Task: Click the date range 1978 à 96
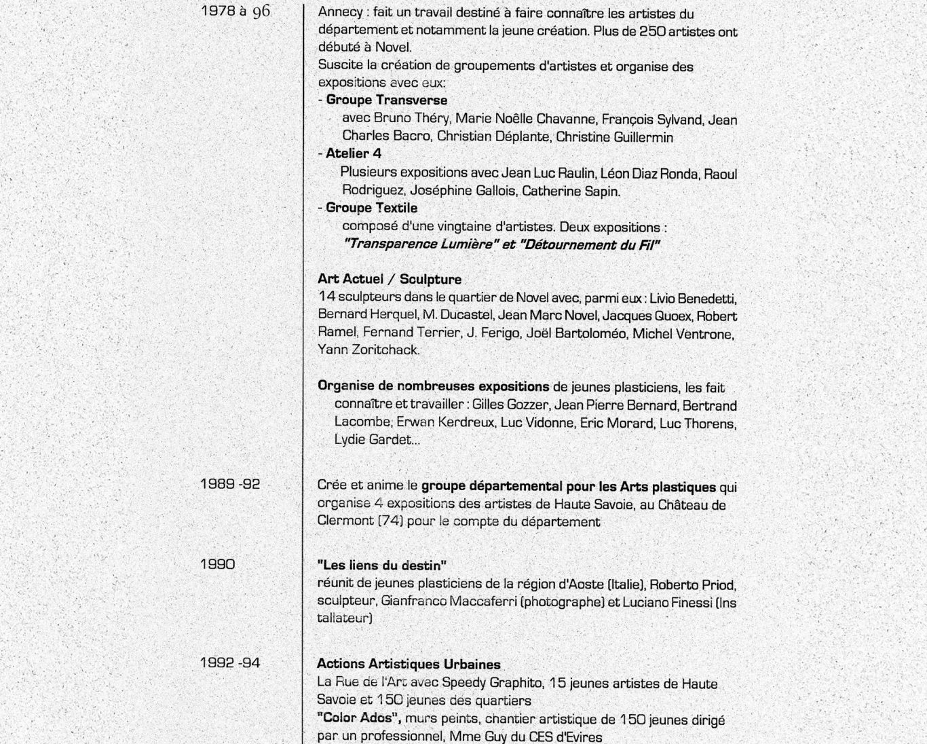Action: (235, 11)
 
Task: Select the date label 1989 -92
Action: (230, 484)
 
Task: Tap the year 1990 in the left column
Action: (218, 563)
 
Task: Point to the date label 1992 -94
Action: (230, 663)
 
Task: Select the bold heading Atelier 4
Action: (353, 153)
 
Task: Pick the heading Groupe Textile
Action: (371, 208)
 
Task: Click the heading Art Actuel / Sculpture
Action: (389, 279)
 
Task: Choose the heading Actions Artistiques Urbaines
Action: (409, 664)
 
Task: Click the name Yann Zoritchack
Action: (368, 350)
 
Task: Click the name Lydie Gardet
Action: (373, 440)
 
